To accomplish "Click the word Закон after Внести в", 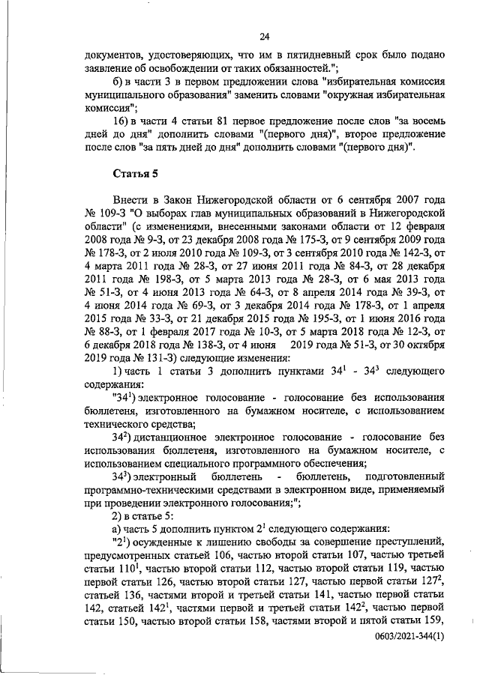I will click(x=194, y=201).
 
